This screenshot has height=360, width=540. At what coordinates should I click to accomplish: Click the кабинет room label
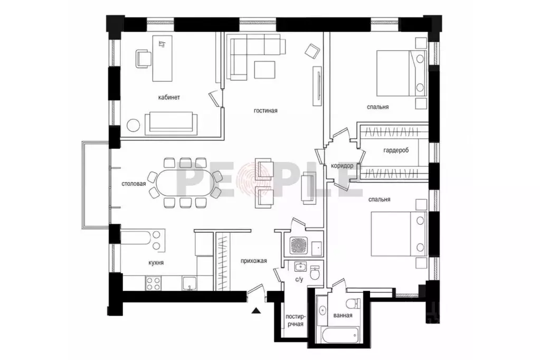169,98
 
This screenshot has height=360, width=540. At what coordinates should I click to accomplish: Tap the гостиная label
266,110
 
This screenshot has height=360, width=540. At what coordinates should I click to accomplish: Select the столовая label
134,184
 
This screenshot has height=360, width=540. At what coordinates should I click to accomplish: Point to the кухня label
156,263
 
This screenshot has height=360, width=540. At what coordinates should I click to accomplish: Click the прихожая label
254,261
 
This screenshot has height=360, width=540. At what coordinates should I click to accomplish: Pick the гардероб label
396,150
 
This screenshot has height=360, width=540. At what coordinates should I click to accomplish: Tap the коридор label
342,166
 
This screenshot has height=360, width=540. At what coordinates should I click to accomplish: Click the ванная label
343,315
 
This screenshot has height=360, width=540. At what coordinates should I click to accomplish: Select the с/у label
299,280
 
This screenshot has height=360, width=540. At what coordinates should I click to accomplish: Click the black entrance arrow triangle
255,311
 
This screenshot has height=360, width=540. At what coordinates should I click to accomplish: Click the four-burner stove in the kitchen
153,283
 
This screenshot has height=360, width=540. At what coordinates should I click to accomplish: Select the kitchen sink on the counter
190,283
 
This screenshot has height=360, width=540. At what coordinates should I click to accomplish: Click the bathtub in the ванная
339,335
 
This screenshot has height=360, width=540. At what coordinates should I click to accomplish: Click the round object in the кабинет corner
133,125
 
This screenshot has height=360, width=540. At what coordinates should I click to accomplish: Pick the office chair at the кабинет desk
144,59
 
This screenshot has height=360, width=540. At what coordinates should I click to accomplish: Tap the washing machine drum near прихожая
298,246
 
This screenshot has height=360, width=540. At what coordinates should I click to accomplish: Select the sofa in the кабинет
171,124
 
